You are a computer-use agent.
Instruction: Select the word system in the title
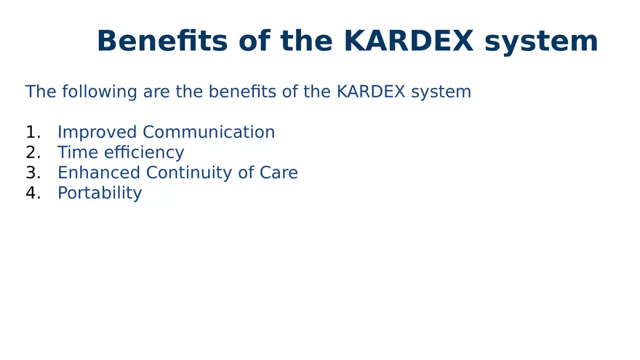(x=542, y=41)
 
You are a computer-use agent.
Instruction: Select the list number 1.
(x=31, y=132)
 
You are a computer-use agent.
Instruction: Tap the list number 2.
(x=31, y=153)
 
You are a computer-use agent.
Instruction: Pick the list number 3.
(x=31, y=173)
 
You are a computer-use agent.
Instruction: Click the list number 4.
(x=31, y=193)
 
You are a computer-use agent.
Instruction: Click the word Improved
(x=97, y=132)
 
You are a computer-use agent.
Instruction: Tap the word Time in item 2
(x=74, y=153)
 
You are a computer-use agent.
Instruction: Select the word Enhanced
(x=99, y=173)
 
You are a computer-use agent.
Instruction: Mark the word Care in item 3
(x=279, y=173)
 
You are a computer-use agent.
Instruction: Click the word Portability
(x=100, y=193)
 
